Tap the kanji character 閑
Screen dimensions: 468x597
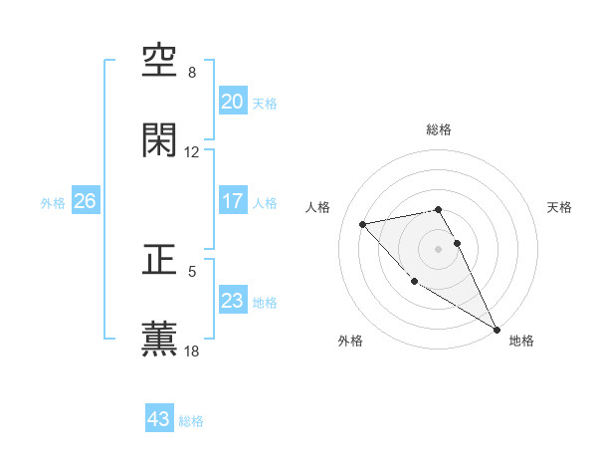coord(160,140)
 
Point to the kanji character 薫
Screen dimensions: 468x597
coord(160,339)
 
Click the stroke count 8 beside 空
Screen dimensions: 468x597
coord(192,73)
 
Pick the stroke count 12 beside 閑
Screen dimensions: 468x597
coord(192,152)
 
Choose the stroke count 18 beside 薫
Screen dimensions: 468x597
coord(192,351)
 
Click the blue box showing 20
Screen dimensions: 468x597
coord(232,102)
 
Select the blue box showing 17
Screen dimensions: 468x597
coord(232,201)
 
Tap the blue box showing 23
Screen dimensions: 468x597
coord(232,301)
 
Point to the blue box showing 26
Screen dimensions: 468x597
coord(85,201)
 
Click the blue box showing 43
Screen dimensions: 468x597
coord(159,419)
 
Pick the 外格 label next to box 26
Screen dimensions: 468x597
coord(53,202)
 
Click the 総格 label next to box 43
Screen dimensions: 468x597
coord(191,421)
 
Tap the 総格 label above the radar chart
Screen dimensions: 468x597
coord(439,129)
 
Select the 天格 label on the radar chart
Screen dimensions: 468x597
coord(560,207)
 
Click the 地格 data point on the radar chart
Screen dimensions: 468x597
coord(498,330)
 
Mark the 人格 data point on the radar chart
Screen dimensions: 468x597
coord(363,224)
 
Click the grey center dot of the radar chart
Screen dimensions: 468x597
coord(439,248)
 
